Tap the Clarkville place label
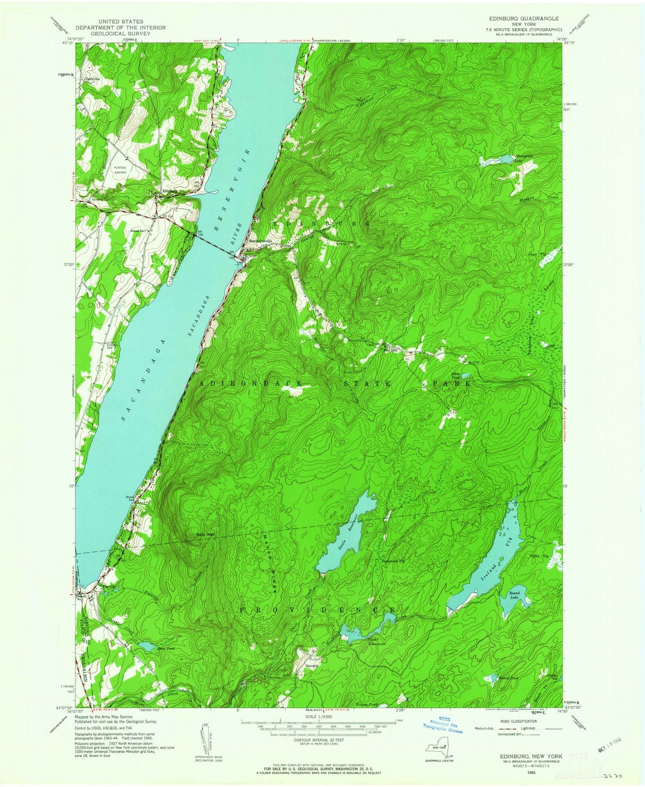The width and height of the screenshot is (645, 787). (92, 79)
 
